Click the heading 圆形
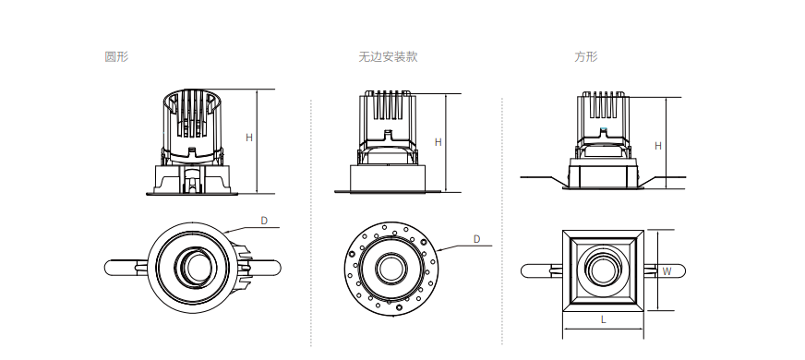click(116, 56)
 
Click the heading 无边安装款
click(388, 56)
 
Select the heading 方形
click(586, 56)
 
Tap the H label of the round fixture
click(249, 138)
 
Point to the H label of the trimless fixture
click(438, 142)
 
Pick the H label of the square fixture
click(658, 147)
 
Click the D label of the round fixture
click(264, 221)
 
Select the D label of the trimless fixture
click(476, 239)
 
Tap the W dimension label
click(667, 271)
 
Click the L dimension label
click(603, 319)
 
